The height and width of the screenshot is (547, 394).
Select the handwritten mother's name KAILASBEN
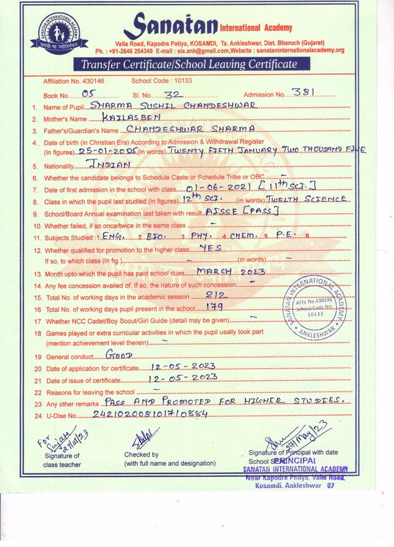coord(123,117)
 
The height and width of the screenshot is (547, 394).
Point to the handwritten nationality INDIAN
coord(110,165)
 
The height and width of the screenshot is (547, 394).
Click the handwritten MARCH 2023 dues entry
coord(231,271)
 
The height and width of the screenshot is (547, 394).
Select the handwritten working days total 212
coord(215,294)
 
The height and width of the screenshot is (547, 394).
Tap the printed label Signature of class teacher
coord(64,460)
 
